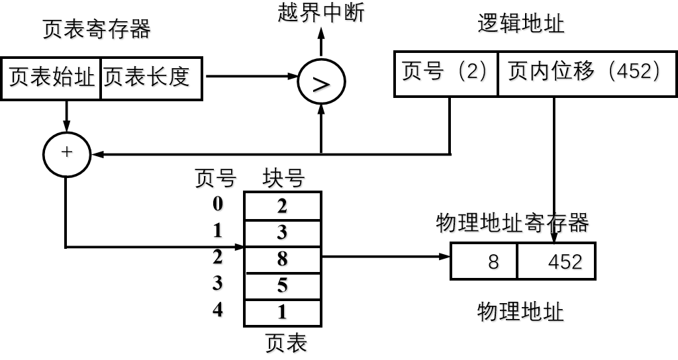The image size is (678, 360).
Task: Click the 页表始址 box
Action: [x=51, y=78]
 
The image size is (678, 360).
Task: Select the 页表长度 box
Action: [x=151, y=78]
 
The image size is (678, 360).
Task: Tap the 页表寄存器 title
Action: [x=97, y=30]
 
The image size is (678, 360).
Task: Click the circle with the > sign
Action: [x=321, y=83]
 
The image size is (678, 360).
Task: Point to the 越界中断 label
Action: [x=322, y=13]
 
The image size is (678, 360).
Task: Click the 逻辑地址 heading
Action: [x=522, y=24]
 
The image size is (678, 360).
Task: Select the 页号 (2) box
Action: [x=446, y=73]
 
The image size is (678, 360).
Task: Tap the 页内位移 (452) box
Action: [x=586, y=73]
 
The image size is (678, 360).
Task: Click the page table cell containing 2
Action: [x=283, y=206]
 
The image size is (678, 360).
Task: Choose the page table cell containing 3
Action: [x=283, y=233]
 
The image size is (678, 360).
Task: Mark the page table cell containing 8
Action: [x=283, y=259]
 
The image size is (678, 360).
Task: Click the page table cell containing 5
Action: [x=283, y=286]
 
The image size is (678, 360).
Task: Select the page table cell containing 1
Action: [x=283, y=312]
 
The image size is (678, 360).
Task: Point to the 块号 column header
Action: [x=285, y=179]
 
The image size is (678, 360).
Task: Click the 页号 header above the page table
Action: [x=216, y=179]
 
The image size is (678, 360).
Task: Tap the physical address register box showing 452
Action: [x=556, y=261]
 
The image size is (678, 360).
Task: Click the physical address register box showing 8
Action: [x=484, y=261]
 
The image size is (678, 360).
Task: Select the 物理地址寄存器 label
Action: [x=513, y=224]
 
